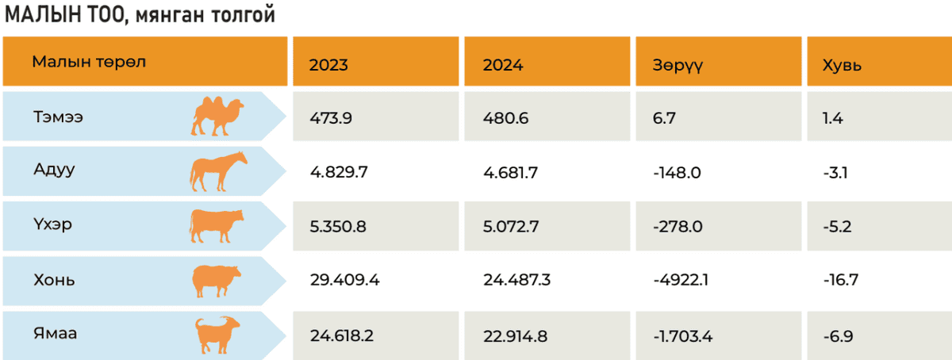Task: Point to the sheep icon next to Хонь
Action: pos(217,281)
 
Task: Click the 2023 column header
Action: pos(328,66)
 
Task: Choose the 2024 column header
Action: pos(503,66)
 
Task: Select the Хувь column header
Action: pos(843,66)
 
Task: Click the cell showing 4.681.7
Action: pos(514,172)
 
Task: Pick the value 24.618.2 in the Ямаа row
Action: pos(342,335)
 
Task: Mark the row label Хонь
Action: pos(55,280)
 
